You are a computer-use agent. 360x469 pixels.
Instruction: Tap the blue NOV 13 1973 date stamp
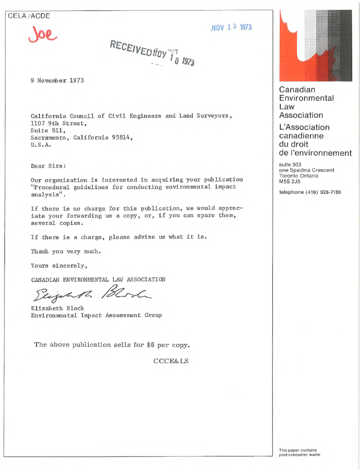[x=231, y=27]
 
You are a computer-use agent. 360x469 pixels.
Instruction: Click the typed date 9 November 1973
[x=57, y=80]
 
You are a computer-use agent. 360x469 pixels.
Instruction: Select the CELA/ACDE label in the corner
[x=29, y=16]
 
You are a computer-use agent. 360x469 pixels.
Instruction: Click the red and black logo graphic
[x=316, y=45]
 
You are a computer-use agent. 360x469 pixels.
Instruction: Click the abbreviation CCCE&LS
[x=171, y=361]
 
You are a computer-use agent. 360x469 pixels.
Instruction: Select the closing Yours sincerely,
[x=59, y=265]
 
